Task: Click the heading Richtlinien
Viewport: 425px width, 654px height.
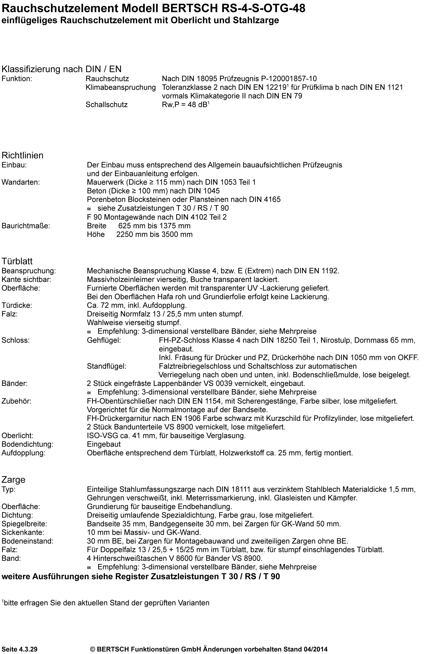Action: (x=23, y=155)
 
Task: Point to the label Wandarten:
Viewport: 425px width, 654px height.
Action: (x=21, y=182)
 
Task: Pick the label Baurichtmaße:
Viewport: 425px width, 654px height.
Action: (x=26, y=226)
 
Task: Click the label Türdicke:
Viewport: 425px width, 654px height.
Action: (x=17, y=305)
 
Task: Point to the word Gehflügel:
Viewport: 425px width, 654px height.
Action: (x=104, y=340)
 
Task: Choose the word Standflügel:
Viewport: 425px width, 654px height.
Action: (x=107, y=366)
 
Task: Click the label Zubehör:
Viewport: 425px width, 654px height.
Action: (x=16, y=401)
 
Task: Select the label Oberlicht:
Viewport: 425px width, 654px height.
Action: (x=17, y=436)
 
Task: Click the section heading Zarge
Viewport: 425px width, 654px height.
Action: (x=13, y=480)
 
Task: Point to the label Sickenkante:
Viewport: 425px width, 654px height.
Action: (x=23, y=532)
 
